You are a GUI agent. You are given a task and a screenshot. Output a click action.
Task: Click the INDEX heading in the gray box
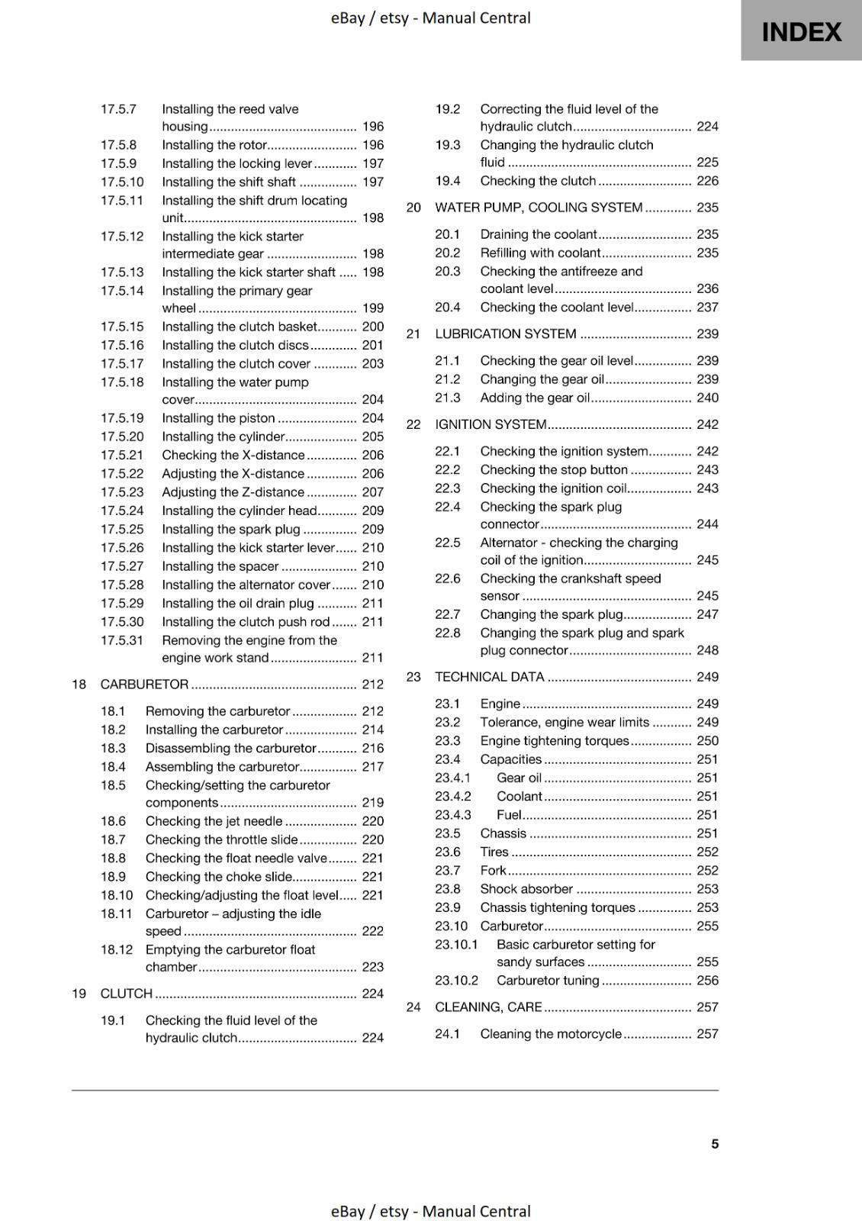click(x=801, y=32)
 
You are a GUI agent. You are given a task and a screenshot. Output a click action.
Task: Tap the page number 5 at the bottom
click(x=715, y=1144)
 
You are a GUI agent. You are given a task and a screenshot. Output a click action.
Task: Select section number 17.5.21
click(x=122, y=456)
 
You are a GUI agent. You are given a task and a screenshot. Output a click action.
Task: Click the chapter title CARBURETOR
click(x=144, y=685)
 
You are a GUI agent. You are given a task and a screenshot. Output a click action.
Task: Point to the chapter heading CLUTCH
click(x=127, y=994)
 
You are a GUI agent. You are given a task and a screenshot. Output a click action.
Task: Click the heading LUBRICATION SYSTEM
click(x=505, y=334)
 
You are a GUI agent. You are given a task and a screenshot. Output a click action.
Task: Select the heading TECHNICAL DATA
click(x=489, y=677)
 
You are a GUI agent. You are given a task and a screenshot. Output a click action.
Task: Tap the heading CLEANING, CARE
click(x=488, y=1007)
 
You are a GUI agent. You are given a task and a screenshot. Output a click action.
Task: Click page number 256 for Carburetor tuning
click(x=707, y=981)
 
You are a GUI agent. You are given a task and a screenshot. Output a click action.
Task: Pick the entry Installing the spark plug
click(x=231, y=530)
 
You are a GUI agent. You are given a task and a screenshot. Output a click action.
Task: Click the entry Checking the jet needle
click(x=214, y=821)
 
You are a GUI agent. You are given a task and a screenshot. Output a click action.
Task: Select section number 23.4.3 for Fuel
click(x=453, y=815)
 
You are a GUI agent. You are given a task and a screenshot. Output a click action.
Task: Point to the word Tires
click(x=494, y=852)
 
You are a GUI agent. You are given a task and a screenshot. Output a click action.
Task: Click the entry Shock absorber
click(x=526, y=889)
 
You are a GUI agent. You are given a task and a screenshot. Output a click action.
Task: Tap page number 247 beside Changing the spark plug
click(x=707, y=614)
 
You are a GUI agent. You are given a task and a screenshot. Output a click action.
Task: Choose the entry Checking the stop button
click(x=554, y=470)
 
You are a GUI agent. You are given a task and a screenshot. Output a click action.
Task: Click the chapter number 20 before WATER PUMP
click(x=413, y=208)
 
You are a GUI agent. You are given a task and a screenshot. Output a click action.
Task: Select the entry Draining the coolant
click(x=539, y=235)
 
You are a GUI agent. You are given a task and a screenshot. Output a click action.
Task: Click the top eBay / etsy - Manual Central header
click(x=430, y=18)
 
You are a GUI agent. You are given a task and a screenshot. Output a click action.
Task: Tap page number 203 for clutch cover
click(x=372, y=364)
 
